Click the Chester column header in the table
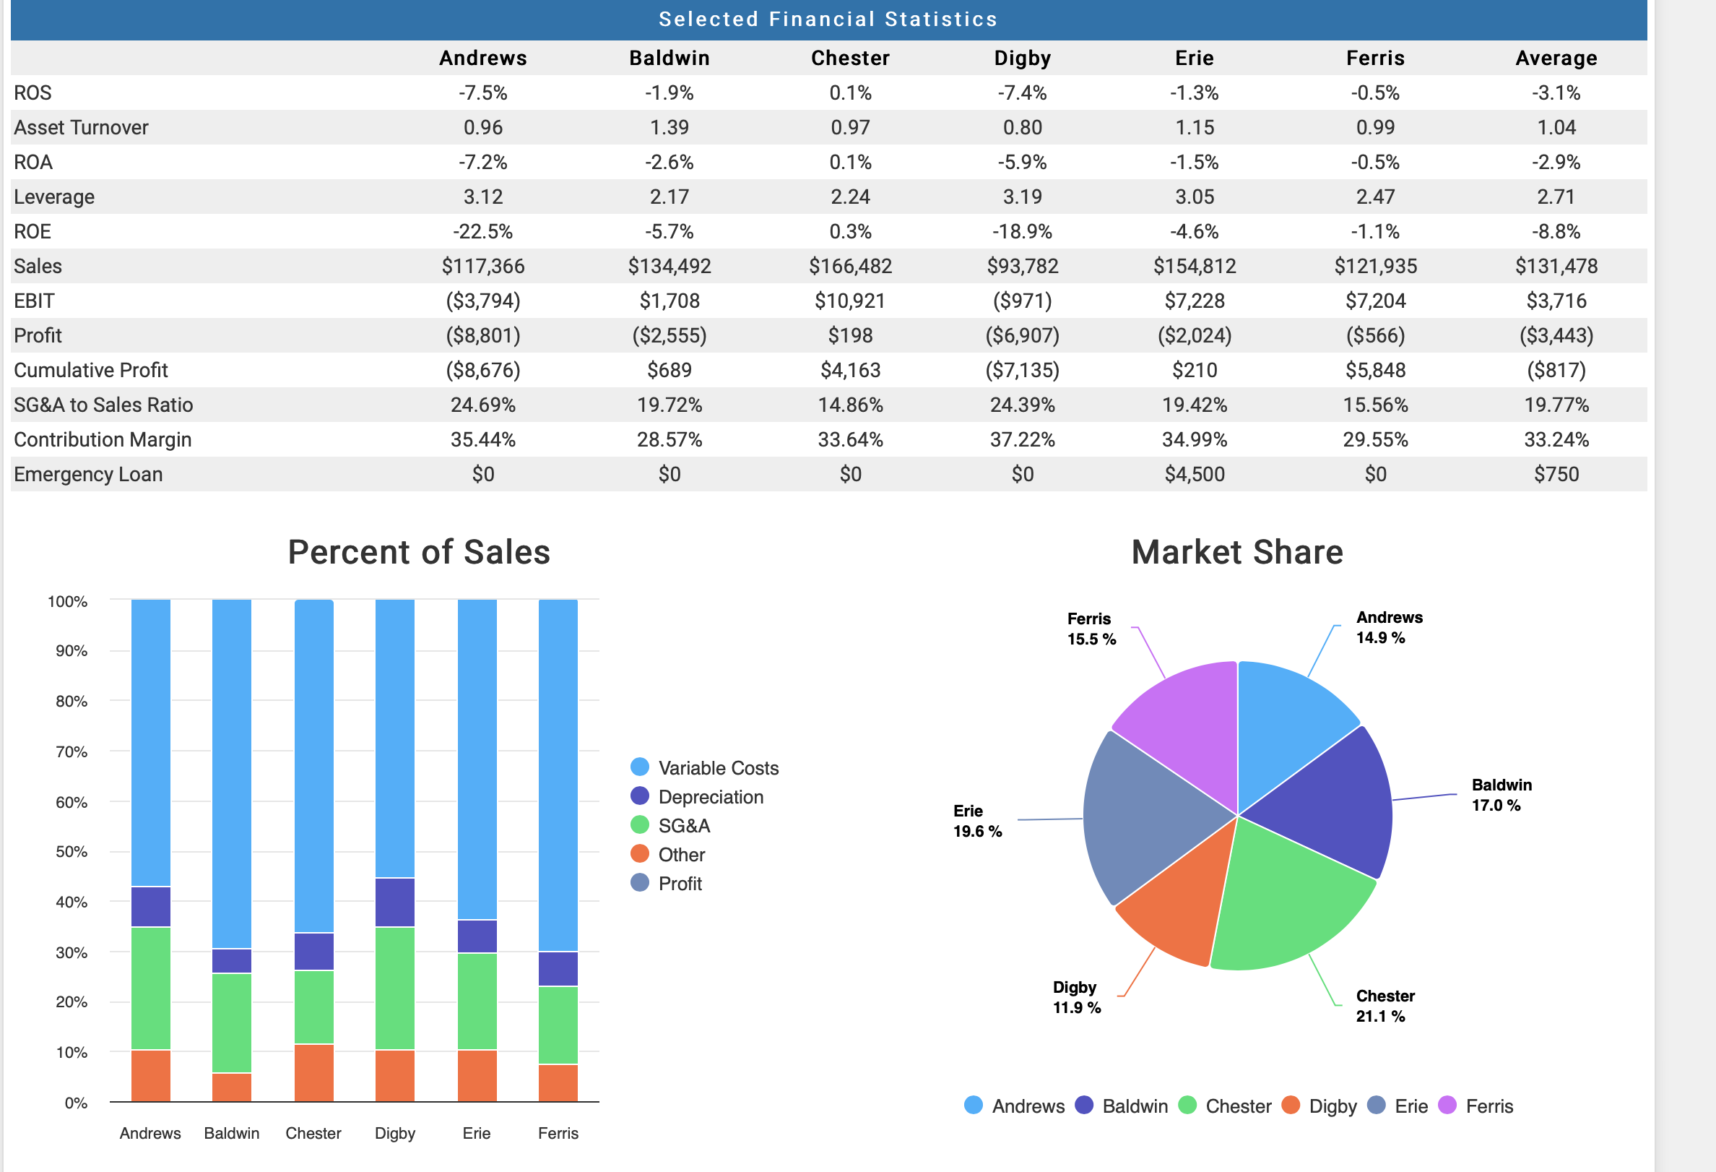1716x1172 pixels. point(850,58)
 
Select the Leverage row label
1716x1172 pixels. point(54,197)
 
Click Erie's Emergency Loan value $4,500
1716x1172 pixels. point(1194,474)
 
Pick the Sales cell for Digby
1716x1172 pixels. point(1022,266)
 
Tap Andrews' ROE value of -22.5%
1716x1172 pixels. point(483,231)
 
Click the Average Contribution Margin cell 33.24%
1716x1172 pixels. point(1556,439)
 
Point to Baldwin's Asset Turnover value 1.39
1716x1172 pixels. point(669,127)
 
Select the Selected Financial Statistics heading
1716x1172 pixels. point(828,20)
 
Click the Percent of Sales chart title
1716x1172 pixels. point(419,551)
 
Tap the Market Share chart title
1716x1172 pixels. point(1236,551)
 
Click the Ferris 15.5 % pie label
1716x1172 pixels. point(1091,629)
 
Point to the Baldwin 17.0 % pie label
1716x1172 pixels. point(1500,795)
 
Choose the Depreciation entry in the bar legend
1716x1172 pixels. point(710,797)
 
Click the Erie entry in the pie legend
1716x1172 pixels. point(1410,1106)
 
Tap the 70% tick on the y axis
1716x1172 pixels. point(71,751)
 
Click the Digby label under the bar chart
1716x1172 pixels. point(395,1133)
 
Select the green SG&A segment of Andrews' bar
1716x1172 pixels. point(151,988)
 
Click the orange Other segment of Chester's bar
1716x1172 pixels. point(314,1072)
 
